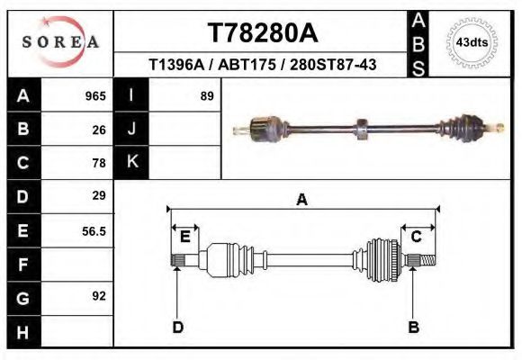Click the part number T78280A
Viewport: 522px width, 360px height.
262,33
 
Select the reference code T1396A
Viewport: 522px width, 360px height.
176,65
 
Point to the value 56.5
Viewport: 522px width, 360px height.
94,230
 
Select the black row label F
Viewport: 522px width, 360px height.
23,265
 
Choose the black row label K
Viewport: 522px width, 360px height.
132,162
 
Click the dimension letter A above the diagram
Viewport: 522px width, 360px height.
301,200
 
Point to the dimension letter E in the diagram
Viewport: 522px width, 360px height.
184,237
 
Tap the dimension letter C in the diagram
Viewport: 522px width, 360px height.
417,237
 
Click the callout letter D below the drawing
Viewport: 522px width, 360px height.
177,327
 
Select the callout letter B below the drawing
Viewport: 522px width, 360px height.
414,327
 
